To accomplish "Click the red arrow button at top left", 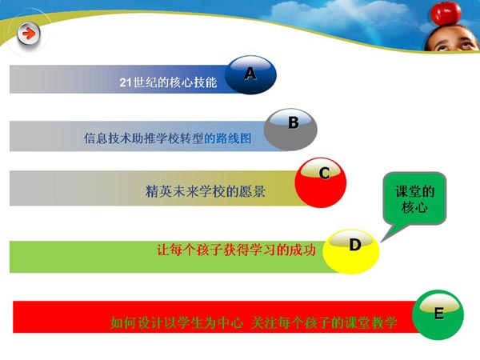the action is (x=29, y=34).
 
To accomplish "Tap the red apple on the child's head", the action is (x=446, y=13).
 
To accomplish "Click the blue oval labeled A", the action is (x=250, y=74).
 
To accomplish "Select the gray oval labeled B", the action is (x=290, y=130).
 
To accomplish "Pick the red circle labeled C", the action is (x=321, y=182).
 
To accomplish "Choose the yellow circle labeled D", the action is (x=351, y=251).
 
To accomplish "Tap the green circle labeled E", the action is (x=438, y=315).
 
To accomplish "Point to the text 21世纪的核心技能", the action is (x=168, y=82).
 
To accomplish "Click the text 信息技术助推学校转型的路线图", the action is (x=167, y=138).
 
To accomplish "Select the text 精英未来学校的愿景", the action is (x=205, y=191).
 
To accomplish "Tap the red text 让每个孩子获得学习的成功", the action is (x=236, y=250).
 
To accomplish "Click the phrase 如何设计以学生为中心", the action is (x=178, y=322).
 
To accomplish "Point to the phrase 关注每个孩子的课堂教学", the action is (x=324, y=322).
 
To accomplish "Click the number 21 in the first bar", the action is (x=126, y=82).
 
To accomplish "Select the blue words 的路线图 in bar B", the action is (x=228, y=138).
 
